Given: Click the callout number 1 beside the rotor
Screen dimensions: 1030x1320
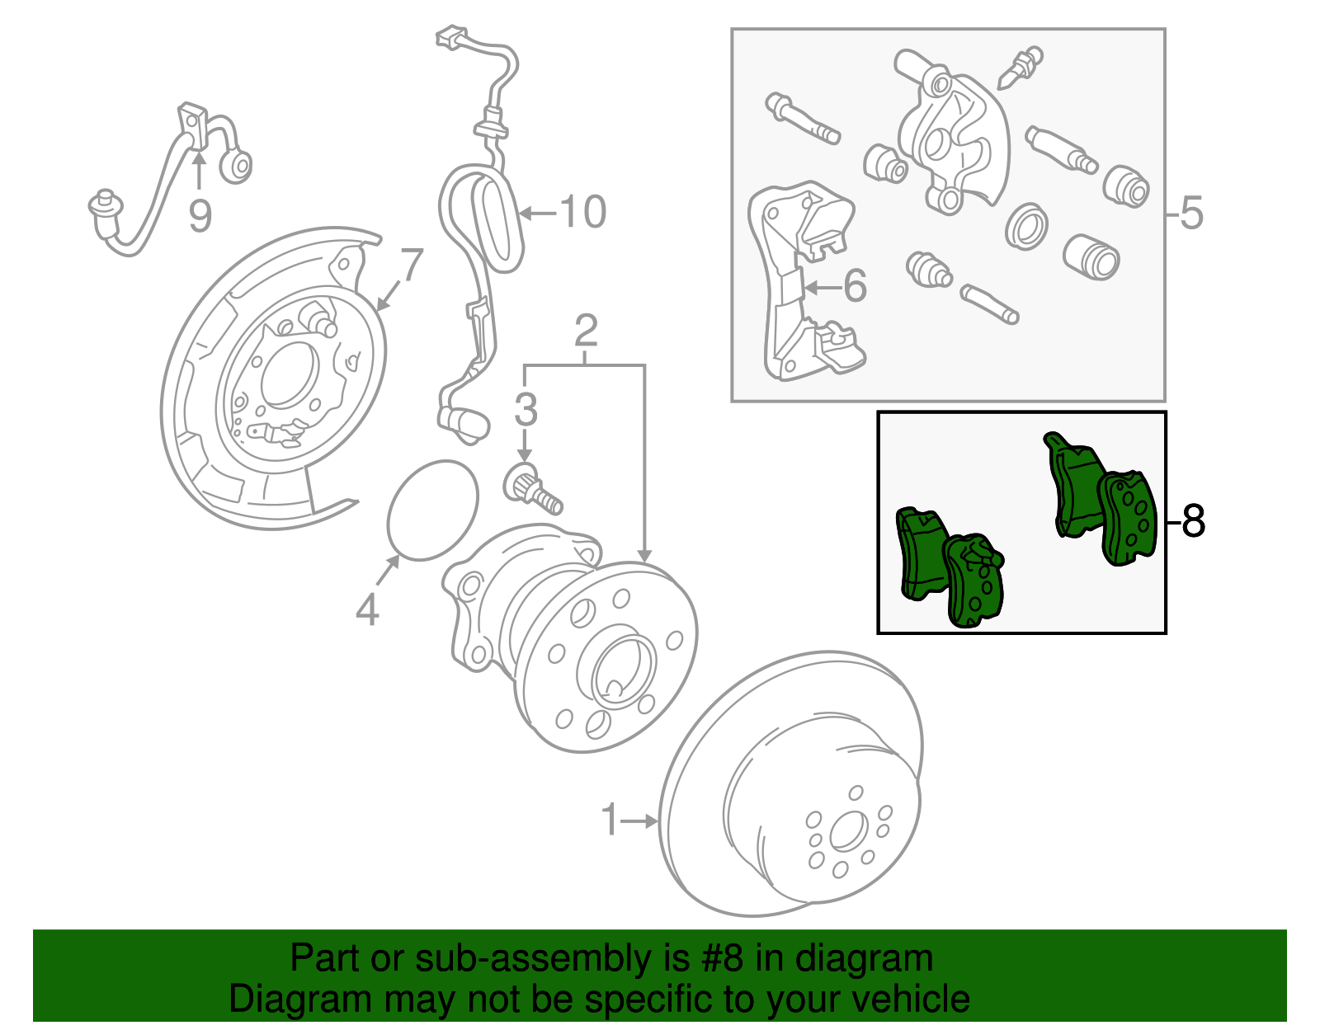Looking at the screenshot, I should [x=610, y=820].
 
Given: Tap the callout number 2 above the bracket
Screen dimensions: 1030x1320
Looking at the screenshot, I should [x=585, y=332].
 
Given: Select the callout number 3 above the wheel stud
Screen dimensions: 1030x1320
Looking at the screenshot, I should [x=526, y=410].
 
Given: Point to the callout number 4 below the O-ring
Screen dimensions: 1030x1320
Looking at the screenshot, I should [x=367, y=610].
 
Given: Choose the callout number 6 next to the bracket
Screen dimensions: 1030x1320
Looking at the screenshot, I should [x=856, y=286].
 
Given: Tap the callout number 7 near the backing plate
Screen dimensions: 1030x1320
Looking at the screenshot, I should [x=412, y=266].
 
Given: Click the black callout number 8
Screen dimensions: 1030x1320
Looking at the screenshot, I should [x=1193, y=521].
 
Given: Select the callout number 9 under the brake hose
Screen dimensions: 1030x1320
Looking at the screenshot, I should [x=200, y=216].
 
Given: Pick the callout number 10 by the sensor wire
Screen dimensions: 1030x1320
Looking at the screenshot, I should [x=583, y=212].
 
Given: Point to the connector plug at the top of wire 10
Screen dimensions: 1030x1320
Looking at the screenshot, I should [x=451, y=37].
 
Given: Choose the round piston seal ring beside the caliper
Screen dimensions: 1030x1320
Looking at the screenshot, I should [x=1026, y=225].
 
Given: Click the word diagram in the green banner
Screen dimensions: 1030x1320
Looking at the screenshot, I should [x=864, y=959].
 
